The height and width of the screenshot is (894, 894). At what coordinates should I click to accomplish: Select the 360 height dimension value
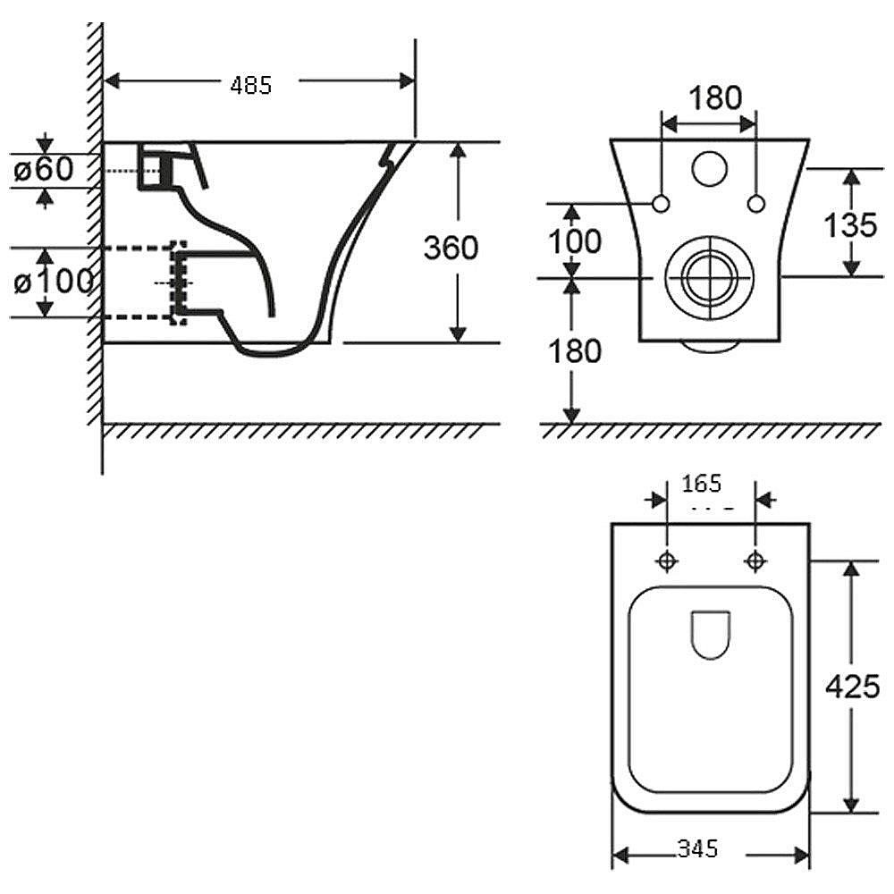pyautogui.click(x=451, y=247)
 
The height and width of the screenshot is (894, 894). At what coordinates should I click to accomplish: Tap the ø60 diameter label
pyautogui.click(x=44, y=169)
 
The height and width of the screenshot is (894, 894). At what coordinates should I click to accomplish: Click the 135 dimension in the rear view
pyautogui.click(x=849, y=224)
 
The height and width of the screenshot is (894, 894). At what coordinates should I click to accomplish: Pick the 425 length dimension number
pyautogui.click(x=852, y=686)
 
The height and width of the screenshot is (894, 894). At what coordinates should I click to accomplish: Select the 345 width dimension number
pyautogui.click(x=698, y=848)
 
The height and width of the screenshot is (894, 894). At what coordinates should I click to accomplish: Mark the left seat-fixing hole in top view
pyautogui.click(x=667, y=561)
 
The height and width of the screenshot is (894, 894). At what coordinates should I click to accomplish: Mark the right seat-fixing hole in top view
pyautogui.click(x=755, y=561)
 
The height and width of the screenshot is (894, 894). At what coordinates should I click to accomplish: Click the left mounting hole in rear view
pyautogui.click(x=662, y=204)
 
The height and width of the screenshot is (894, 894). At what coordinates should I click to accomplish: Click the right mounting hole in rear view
pyautogui.click(x=756, y=204)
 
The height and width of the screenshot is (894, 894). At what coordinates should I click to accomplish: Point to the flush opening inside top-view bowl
pyautogui.click(x=712, y=636)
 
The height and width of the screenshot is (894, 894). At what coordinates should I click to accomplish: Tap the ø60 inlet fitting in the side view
pyautogui.click(x=154, y=169)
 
